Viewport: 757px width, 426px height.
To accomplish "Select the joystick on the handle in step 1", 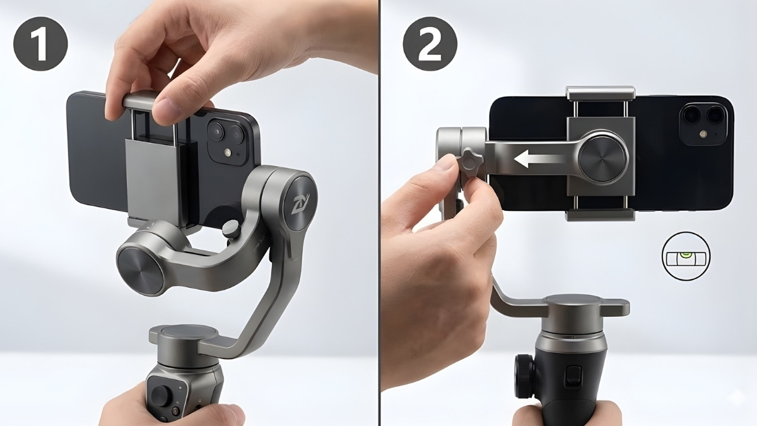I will [160, 395].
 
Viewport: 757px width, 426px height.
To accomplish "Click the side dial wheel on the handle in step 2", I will [524, 377].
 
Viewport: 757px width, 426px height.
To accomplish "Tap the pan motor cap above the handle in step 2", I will [574, 303].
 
